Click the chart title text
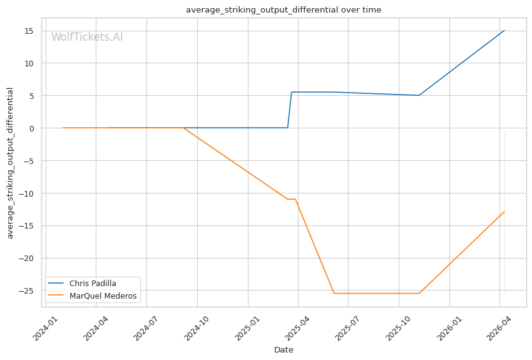[284, 10]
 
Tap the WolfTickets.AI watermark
[87, 37]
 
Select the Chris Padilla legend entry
[93, 284]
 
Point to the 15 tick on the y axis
[29, 31]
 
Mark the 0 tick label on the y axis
[31, 128]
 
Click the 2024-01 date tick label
[46, 327]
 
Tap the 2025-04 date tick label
[297, 327]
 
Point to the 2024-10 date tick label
[197, 327]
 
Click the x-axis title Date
[284, 350]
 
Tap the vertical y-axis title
[10, 163]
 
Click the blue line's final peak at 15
[504, 31]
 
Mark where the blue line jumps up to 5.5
[292, 92]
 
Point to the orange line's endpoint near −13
[504, 212]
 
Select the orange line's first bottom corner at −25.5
[334, 293]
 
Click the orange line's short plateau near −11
[292, 199]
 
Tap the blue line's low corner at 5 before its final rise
[419, 95]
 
